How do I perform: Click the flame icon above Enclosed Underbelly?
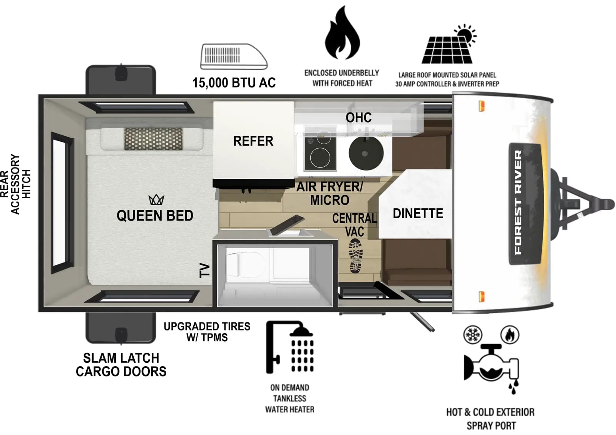342,35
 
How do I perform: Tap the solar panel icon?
449,46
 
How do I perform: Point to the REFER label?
253,141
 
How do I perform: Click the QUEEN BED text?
155,216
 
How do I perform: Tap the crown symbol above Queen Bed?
156,200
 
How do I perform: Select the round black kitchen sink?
366,153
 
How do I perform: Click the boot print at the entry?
356,256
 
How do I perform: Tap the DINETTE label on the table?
418,213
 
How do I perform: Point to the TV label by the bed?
204,270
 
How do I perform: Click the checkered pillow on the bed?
153,139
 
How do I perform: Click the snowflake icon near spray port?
473,335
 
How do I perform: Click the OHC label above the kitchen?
358,118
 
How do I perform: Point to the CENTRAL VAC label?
354,225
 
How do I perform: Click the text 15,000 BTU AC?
234,83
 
